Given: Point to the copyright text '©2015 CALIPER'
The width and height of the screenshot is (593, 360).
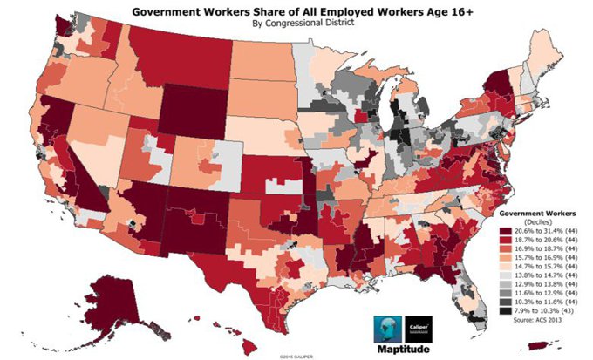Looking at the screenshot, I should click(297, 356).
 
